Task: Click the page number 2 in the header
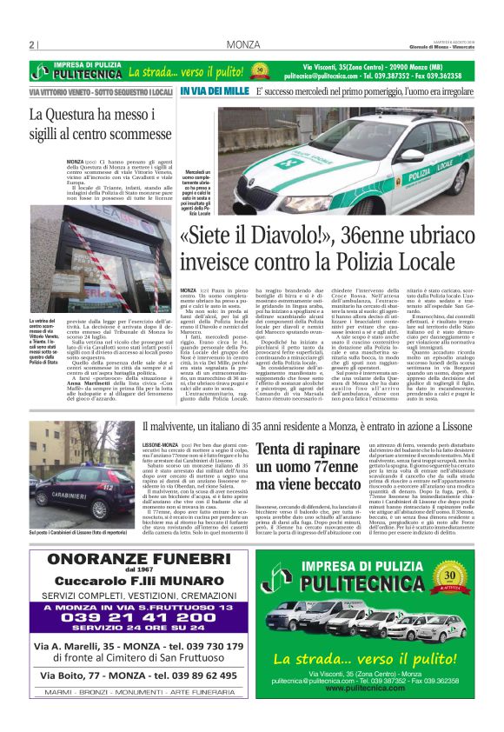click(30, 44)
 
